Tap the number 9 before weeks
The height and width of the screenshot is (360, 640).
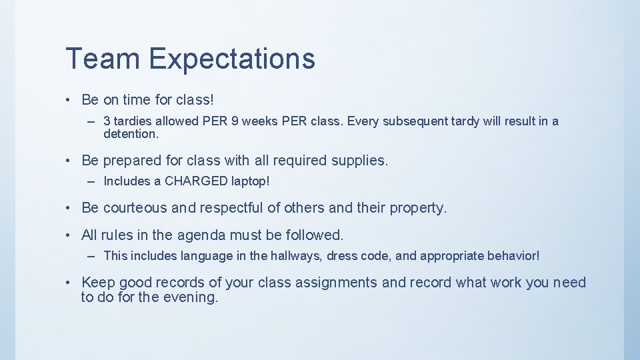233,121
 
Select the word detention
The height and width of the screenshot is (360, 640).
131,134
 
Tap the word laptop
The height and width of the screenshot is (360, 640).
250,181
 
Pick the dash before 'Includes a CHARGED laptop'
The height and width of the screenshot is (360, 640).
90,181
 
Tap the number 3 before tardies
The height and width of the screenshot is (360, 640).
107,121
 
